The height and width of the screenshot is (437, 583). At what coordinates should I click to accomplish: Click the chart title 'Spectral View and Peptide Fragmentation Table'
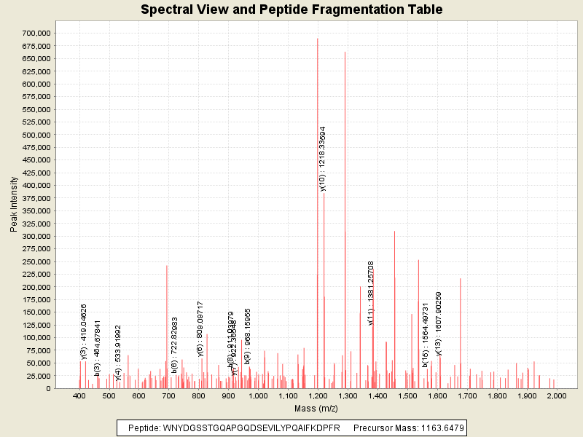click(291, 9)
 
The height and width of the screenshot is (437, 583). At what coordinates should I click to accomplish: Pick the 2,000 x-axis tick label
click(556, 395)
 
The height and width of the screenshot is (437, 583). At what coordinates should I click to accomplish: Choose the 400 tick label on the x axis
click(79, 395)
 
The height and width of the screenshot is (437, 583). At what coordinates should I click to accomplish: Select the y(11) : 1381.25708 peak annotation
click(371, 293)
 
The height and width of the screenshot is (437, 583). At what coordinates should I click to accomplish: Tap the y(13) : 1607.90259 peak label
click(439, 323)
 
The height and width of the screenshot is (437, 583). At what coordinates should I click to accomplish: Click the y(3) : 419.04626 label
click(84, 331)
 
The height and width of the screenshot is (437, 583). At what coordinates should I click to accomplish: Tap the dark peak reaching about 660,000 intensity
click(345, 219)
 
